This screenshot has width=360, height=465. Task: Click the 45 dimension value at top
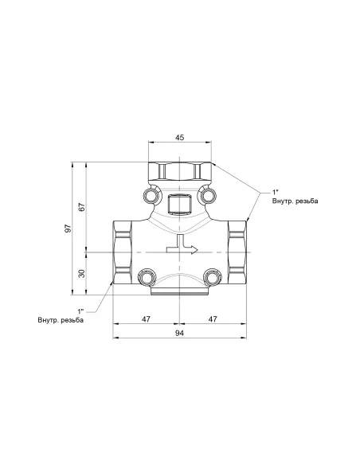point(179,138)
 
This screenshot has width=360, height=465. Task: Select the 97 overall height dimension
point(69,229)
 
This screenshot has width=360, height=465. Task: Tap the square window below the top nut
point(179,205)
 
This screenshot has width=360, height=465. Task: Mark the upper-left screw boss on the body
point(151,195)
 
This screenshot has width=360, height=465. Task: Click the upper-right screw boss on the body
point(208,195)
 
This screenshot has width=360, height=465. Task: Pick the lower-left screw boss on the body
point(147,276)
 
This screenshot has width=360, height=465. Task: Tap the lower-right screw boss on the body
point(212,276)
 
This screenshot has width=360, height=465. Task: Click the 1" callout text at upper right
point(276,192)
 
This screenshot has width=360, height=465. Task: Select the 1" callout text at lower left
point(80,310)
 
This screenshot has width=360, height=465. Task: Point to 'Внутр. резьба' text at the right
point(295,201)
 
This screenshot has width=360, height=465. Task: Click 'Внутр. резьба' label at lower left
point(60,320)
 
